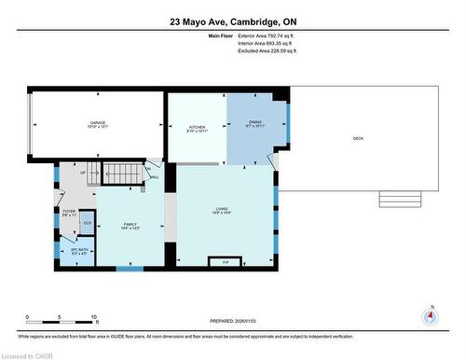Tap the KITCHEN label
(x=198, y=128)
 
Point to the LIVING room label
(x=222, y=212)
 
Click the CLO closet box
(x=88, y=223)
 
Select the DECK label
(x=359, y=139)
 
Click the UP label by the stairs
(x=83, y=173)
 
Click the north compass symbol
(x=429, y=315)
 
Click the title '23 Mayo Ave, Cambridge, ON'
(x=232, y=21)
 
